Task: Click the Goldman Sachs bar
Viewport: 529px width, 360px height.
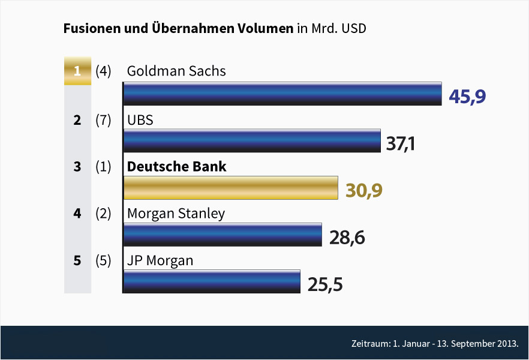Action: coord(282,94)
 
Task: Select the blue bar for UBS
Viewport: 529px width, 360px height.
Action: coord(252,140)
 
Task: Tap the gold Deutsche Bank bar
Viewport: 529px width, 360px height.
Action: coord(231,188)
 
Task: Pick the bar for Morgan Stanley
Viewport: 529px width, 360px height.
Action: coord(223,235)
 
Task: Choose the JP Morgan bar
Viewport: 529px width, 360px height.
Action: coord(212,281)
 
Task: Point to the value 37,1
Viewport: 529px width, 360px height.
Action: coord(401,144)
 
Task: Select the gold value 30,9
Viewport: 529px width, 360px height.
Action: coord(364,191)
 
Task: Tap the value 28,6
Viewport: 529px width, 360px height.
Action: coord(347,238)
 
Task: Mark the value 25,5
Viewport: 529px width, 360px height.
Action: coord(325,284)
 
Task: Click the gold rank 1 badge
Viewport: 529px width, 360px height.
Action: coord(77,71)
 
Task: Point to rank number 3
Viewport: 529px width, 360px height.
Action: coord(77,167)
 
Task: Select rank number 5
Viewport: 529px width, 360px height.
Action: coord(77,261)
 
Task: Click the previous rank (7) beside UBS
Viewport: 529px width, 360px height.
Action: coord(104,120)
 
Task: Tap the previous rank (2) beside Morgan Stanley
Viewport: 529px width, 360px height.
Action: coord(104,214)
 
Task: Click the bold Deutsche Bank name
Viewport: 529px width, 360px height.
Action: coord(176,166)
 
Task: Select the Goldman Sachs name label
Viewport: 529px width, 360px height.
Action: coord(176,71)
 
